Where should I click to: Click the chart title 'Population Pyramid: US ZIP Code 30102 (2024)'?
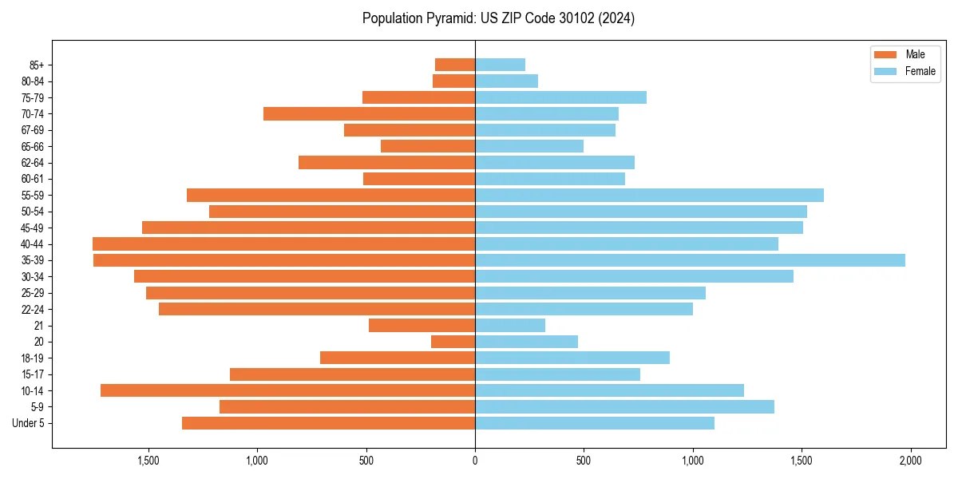point(498,18)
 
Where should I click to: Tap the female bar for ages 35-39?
point(690,260)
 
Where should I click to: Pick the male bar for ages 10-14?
point(287,390)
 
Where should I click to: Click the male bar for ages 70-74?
point(369,114)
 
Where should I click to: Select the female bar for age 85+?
point(500,65)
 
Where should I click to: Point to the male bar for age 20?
point(453,342)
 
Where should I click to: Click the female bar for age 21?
point(510,326)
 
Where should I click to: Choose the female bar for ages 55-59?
point(649,196)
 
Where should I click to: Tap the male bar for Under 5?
point(328,423)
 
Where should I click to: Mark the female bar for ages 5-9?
point(624,407)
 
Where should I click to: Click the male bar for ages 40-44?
point(283,244)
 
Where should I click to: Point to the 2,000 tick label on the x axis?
point(910,461)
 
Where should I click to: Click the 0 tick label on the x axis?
point(475,461)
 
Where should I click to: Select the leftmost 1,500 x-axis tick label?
point(148,461)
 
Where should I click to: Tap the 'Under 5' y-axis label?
point(28,423)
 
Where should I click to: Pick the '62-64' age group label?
point(32,163)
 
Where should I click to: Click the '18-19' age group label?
point(32,358)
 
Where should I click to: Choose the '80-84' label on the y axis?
point(32,81)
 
